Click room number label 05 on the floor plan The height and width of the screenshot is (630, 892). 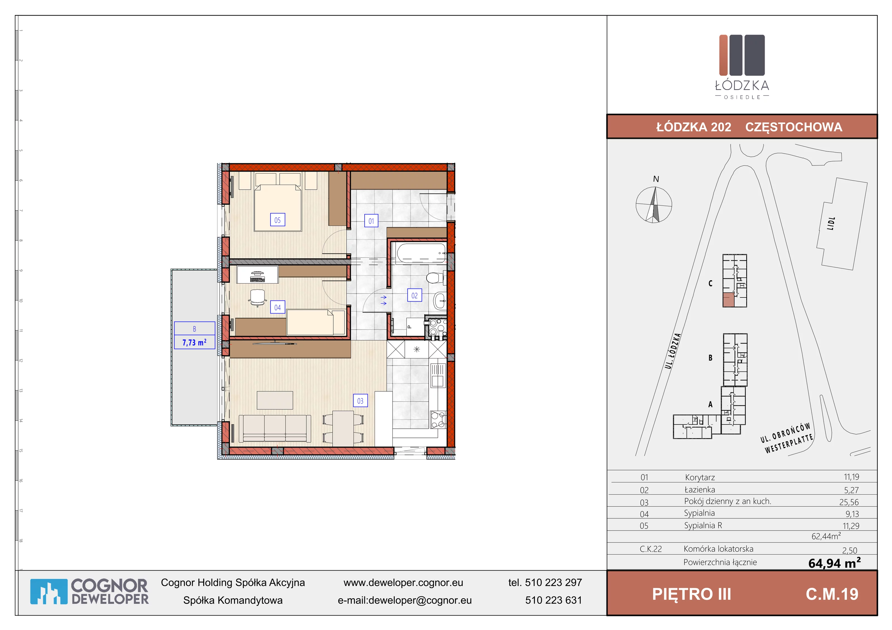pyautogui.click(x=277, y=220)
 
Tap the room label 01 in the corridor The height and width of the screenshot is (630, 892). pyautogui.click(x=371, y=221)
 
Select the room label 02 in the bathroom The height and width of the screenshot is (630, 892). pyautogui.click(x=415, y=296)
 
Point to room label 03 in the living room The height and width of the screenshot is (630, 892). pyautogui.click(x=360, y=401)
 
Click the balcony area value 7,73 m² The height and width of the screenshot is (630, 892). pyautogui.click(x=194, y=342)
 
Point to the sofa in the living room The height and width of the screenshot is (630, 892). pyautogui.click(x=275, y=429)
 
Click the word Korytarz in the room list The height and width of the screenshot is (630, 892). pyautogui.click(x=700, y=477)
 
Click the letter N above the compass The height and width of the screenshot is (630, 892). pyautogui.click(x=656, y=179)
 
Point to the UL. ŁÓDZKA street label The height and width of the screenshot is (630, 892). pyautogui.click(x=673, y=351)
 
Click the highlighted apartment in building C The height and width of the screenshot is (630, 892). pyautogui.click(x=729, y=300)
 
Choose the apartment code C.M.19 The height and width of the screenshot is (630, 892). pyautogui.click(x=832, y=594)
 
